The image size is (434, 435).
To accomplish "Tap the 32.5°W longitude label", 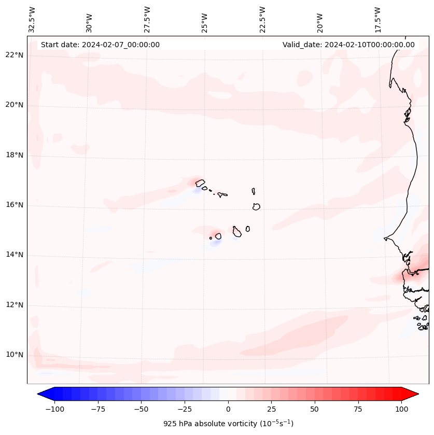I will click(x=32, y=19).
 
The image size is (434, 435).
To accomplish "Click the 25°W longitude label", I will click(x=205, y=23).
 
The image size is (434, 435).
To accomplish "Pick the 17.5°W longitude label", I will click(x=377, y=19).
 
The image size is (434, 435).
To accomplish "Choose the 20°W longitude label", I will click(x=320, y=23).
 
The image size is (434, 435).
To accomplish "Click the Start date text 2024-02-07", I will click(x=100, y=45).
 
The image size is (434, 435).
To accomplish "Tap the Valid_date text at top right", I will click(x=348, y=45).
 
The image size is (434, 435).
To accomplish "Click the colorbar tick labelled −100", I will click(x=54, y=409).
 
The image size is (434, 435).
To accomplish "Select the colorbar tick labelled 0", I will click(x=228, y=409).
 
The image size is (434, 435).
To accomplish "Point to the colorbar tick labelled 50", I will click(x=315, y=409).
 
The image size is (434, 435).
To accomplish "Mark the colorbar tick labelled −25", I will click(x=185, y=409).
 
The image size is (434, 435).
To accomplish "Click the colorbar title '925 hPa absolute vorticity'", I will click(x=228, y=424).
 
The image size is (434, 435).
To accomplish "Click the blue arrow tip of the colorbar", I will click(x=43, y=395).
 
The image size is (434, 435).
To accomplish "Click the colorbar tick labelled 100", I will click(x=401, y=409).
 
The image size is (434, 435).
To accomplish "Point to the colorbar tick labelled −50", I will click(x=141, y=409).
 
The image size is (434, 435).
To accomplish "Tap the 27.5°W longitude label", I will click(x=147, y=19).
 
